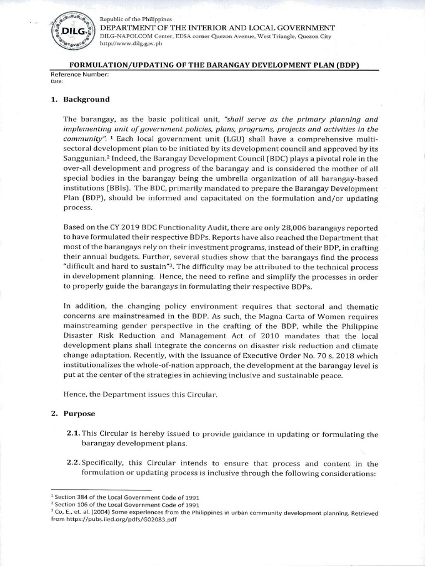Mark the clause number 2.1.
point(74,434)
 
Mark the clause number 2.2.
point(74,464)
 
